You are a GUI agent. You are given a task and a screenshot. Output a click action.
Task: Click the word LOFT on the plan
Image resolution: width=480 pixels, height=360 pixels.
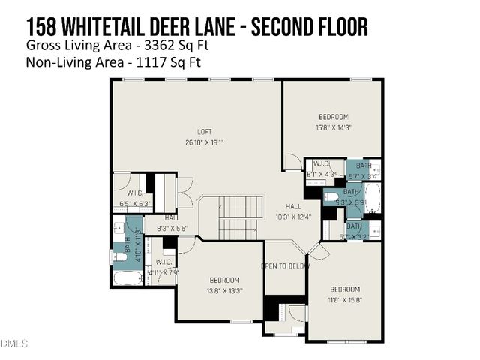tap(204, 132)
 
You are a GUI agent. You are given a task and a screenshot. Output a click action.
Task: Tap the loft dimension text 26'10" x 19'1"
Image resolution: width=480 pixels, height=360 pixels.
tap(204, 142)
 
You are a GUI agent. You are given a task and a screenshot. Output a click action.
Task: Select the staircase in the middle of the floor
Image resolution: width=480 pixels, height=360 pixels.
tap(240, 217)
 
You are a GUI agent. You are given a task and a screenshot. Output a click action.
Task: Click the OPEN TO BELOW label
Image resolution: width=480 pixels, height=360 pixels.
tap(285, 266)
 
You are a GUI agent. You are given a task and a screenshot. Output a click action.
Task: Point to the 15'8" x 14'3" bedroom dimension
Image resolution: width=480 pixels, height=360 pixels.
tap(333, 127)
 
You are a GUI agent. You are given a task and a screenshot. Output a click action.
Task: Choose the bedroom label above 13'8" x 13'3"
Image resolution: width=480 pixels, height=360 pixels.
tap(224, 280)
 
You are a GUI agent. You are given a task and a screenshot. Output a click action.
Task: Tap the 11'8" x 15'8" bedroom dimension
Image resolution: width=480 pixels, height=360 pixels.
tap(345, 299)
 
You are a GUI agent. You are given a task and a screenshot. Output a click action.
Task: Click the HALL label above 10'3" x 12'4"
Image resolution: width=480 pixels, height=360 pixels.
tap(293, 206)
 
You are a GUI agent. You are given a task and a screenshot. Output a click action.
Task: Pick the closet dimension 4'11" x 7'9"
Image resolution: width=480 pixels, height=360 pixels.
tap(162, 272)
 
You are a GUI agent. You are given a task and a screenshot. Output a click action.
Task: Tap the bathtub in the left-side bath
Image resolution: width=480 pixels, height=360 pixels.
tap(127, 278)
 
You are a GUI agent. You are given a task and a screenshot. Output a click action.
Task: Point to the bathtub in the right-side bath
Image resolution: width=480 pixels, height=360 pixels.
tap(372, 199)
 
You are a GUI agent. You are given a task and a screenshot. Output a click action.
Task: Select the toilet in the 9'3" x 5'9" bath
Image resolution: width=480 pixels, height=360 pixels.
tap(332, 197)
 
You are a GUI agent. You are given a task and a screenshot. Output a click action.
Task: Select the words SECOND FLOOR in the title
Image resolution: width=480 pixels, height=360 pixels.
tap(308, 27)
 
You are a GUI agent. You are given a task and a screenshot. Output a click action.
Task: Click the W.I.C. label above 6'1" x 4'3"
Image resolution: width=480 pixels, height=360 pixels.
tap(322, 163)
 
